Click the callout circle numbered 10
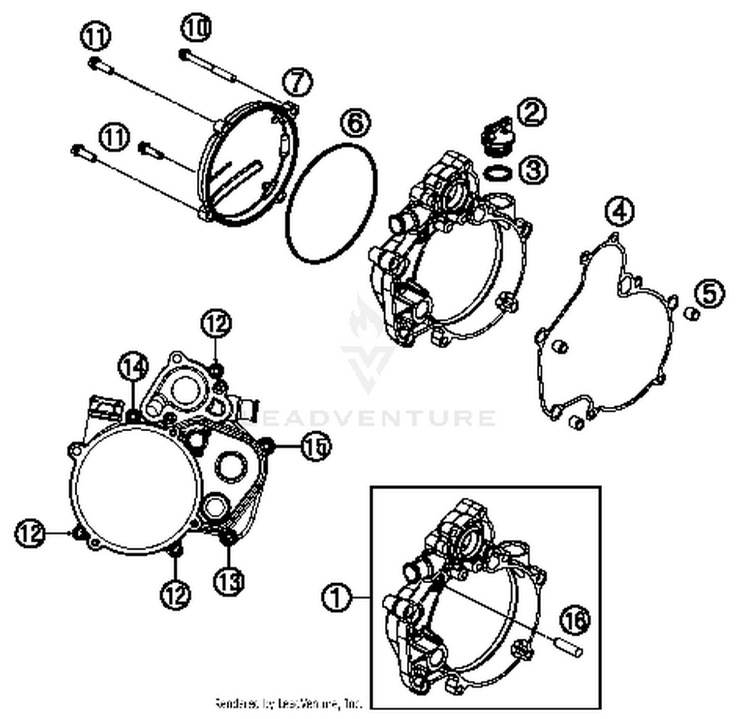(196, 29)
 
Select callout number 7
(298, 82)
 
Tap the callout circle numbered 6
(355, 123)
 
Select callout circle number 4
(619, 211)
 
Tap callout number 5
(709, 294)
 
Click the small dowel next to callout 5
(693, 313)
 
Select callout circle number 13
(229, 581)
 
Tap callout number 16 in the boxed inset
(575, 621)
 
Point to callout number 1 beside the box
(337, 598)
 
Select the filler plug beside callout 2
(495, 135)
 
